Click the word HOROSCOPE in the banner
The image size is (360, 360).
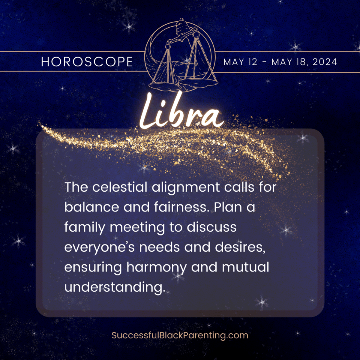tap(87, 62)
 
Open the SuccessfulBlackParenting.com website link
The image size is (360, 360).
tap(180, 335)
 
